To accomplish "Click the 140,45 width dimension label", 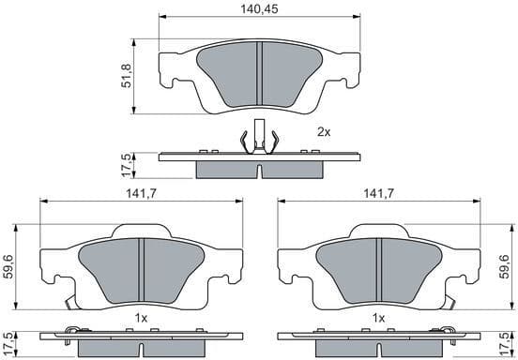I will coord(257,8).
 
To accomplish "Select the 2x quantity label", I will coord(324,132).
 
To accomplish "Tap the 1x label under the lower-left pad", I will coord(140,319).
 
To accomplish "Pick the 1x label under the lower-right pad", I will coord(378,319).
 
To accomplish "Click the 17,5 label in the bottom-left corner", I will coord(9,343).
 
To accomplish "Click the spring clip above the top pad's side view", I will coord(258,138).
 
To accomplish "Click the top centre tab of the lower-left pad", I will coord(139,231).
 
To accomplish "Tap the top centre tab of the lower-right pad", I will coord(377,231).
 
